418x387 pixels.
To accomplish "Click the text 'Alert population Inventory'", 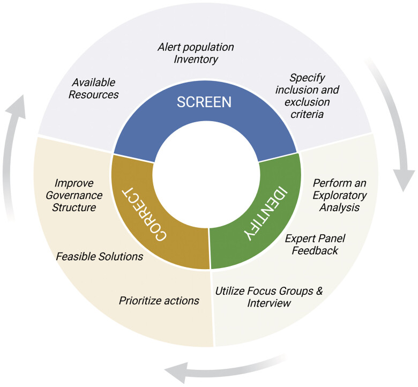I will click(196, 53).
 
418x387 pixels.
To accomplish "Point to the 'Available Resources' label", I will click(95, 88).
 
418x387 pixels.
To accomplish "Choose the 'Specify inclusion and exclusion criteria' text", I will click(307, 95).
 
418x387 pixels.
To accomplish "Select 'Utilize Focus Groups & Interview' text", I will click(269, 297).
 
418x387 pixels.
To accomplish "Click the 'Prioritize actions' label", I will click(159, 301).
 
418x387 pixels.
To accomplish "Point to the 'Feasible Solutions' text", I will click(100, 256).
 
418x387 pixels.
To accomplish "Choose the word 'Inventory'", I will click(196, 59).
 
